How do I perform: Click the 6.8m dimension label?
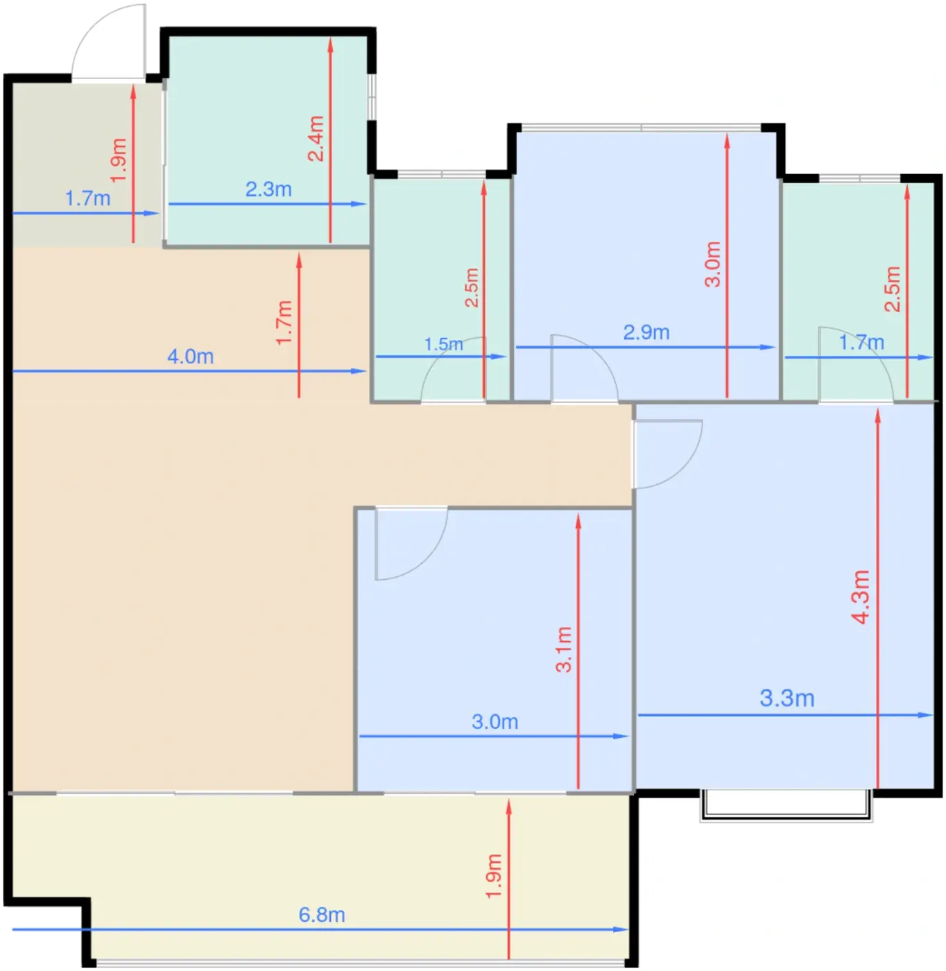click(x=322, y=915)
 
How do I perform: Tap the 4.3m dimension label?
click(x=861, y=596)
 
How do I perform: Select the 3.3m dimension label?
click(x=787, y=698)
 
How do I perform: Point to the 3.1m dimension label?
click(x=564, y=650)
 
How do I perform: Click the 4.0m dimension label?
click(x=191, y=356)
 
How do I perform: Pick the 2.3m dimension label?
click(x=268, y=189)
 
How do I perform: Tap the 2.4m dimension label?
click(x=316, y=138)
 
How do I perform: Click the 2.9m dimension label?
click(x=646, y=332)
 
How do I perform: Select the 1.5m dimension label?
click(x=444, y=344)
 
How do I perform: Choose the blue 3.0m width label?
click(x=495, y=721)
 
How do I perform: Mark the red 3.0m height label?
click(x=712, y=264)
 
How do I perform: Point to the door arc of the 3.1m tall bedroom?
click(x=429, y=561)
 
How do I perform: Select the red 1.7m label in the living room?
click(x=284, y=323)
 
